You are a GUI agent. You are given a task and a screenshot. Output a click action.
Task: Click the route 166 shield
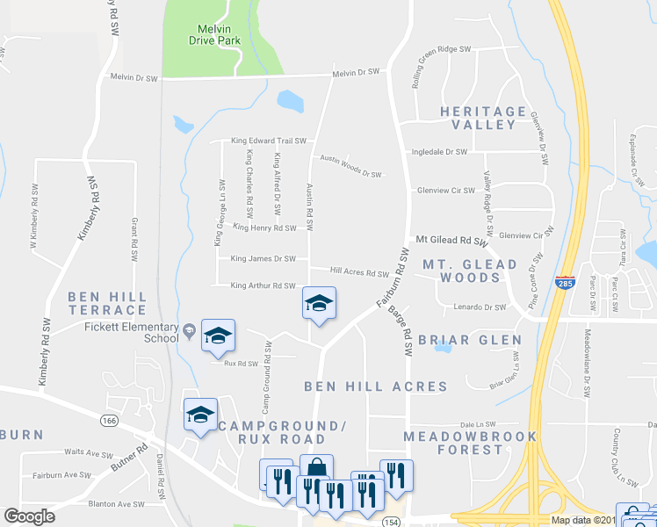[x=108, y=421]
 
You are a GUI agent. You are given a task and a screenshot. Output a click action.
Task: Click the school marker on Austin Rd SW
[x=319, y=305]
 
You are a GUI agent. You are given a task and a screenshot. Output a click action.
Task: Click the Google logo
[x=29, y=516]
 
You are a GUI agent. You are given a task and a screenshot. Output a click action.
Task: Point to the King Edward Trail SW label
[x=268, y=141]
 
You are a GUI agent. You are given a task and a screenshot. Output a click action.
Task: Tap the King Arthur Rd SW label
[x=263, y=285]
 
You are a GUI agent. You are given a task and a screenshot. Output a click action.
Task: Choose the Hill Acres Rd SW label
[x=359, y=272]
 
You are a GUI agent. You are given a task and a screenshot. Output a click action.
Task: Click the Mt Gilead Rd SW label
[x=451, y=240]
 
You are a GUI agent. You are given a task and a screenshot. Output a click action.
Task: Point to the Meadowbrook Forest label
[x=453, y=443]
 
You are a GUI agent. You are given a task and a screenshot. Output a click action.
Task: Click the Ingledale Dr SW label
[x=440, y=152]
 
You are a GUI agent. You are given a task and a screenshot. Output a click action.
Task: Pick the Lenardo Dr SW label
[x=480, y=307]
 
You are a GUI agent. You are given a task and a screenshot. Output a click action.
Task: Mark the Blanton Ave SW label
[x=117, y=504]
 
